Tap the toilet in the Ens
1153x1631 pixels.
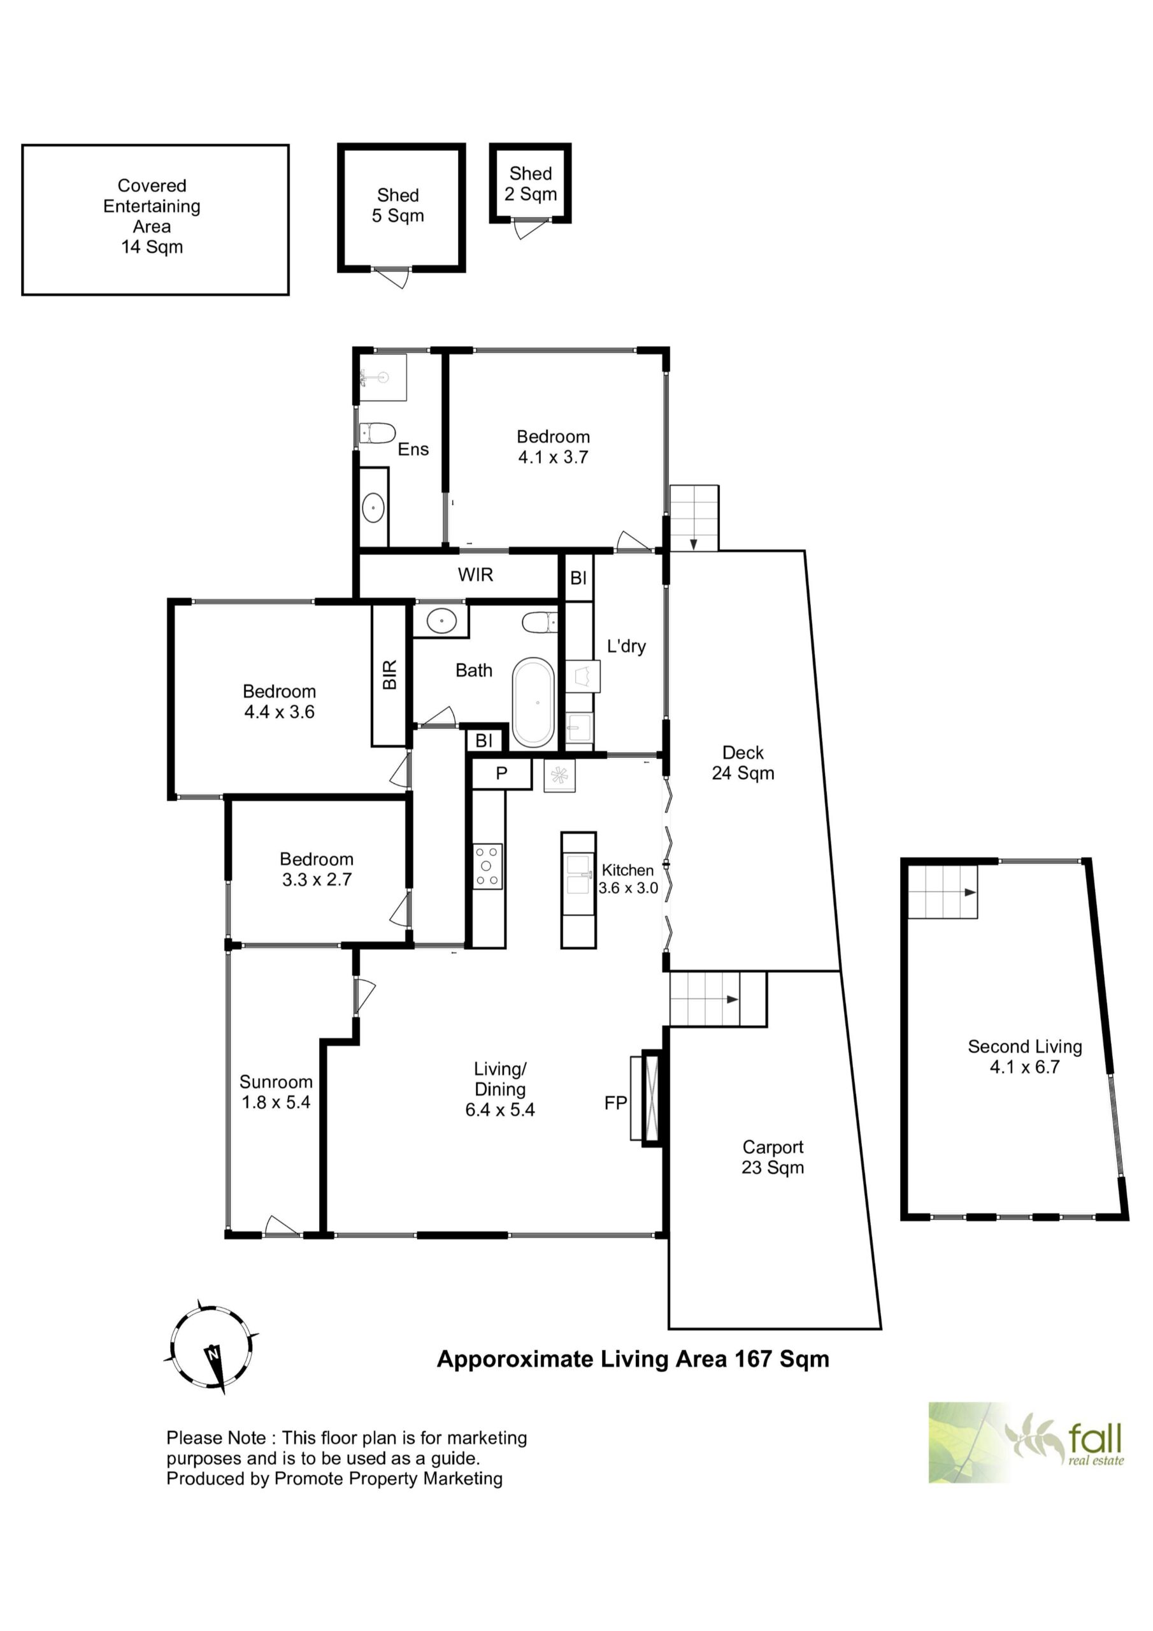coord(377,433)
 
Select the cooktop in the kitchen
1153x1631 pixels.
coord(487,866)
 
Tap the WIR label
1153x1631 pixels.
coord(475,575)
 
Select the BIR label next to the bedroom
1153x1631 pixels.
coord(390,674)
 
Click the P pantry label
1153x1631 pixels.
coord(501,773)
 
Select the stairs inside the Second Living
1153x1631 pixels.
coord(943,892)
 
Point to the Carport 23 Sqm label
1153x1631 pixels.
coord(773,1157)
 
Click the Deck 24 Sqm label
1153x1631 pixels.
coord(743,763)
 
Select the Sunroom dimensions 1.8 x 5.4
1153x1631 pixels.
coord(276,1102)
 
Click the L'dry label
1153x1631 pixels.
coord(627,647)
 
